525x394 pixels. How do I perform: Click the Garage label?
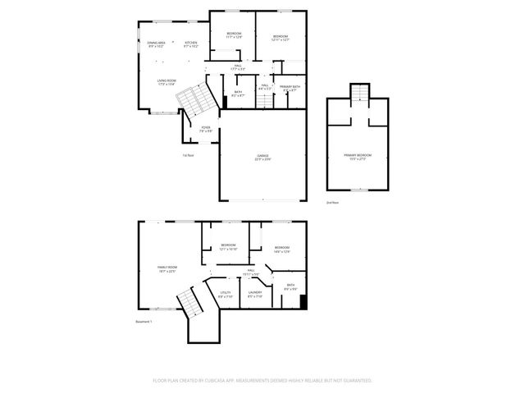pos(262,157)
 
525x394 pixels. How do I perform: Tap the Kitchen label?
pos(191,44)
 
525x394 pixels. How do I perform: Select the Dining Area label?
pos(157,44)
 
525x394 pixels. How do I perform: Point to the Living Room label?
pos(167,81)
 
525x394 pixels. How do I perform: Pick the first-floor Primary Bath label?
pos(289,88)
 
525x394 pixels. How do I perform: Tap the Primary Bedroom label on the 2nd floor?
pos(358,156)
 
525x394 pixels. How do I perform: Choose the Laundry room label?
pos(255,294)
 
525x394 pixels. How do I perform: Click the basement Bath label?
pos(290,286)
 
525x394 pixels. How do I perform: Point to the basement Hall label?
pos(251,272)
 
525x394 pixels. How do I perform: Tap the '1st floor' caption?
pos(188,154)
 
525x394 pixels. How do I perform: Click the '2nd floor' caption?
pos(332,201)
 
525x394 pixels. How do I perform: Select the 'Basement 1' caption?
pos(144,321)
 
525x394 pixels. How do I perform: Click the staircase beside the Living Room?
pos(194,101)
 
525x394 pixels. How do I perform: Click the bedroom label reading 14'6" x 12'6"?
pos(282,250)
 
